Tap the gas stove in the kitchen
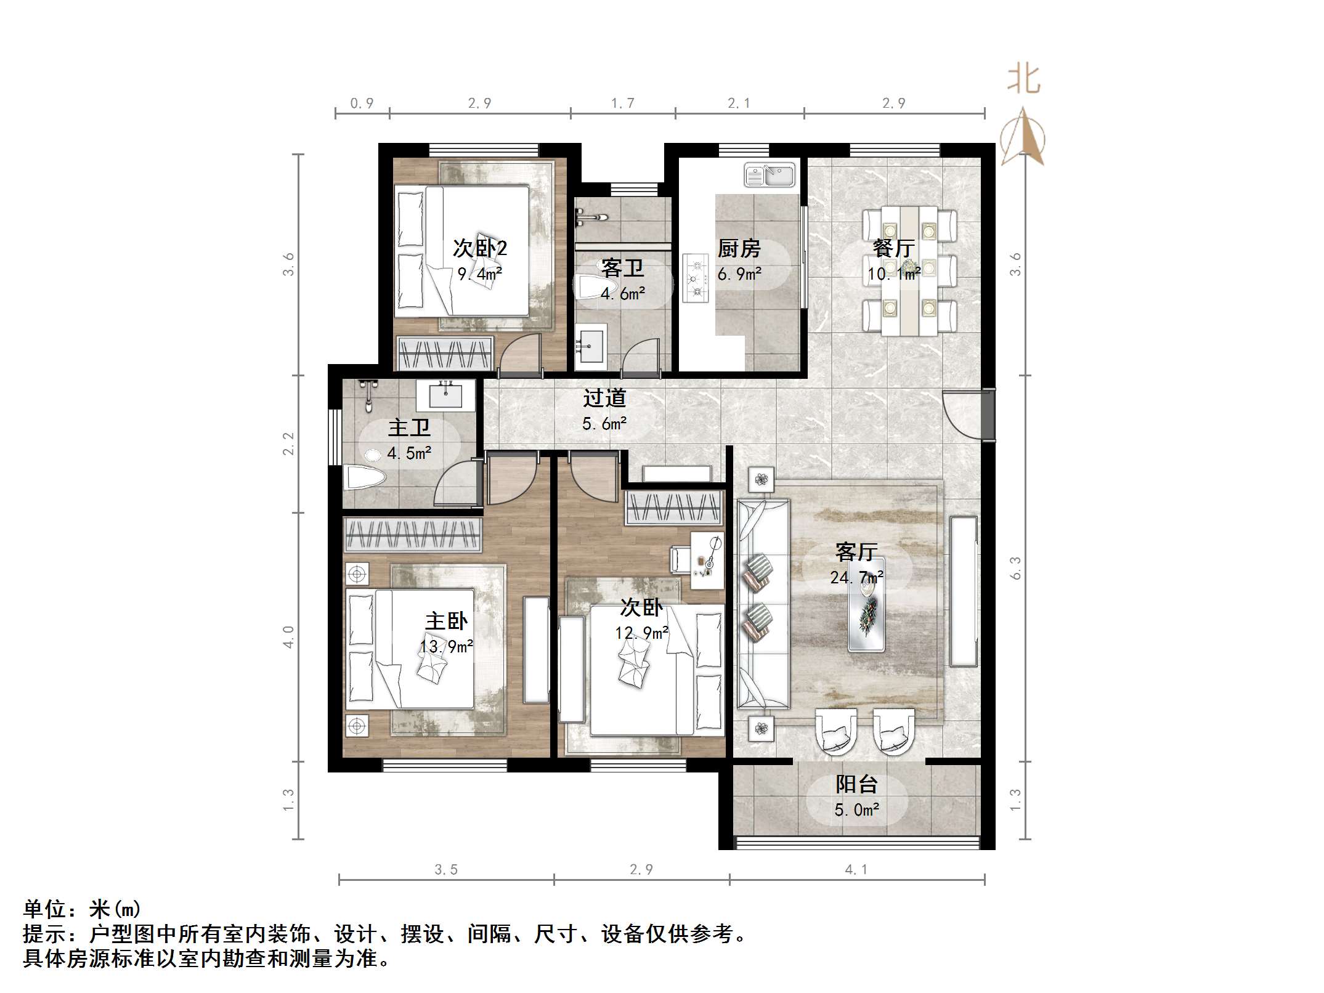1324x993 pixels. [696, 278]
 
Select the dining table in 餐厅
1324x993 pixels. [909, 271]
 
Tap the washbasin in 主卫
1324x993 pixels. [445, 395]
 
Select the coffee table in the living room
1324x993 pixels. [866, 605]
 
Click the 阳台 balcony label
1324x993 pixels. [856, 785]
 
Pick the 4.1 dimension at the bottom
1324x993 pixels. [856, 869]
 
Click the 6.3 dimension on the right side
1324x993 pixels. [1015, 568]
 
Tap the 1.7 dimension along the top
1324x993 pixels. [622, 103]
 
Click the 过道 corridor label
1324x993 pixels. [604, 398]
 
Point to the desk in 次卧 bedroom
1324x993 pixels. [707, 559]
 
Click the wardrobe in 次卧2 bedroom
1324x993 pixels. [445, 354]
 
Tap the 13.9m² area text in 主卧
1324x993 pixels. [446, 646]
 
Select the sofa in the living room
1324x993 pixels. [763, 604]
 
